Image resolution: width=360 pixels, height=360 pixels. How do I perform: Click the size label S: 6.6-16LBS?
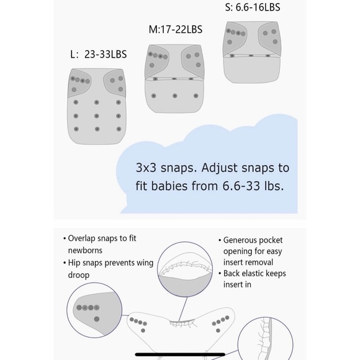pos(253,7)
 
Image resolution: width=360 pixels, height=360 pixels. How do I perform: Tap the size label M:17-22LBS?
pos(176,29)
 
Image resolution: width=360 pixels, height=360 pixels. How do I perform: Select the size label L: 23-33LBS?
pos(99,55)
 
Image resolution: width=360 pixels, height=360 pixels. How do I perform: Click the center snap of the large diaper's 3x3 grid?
pos(97,116)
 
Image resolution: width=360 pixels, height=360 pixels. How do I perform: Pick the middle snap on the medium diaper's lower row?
pos(174,96)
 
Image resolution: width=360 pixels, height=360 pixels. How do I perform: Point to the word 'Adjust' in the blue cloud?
pos(220,168)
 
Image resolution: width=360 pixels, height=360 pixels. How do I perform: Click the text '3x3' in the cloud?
pos(146,168)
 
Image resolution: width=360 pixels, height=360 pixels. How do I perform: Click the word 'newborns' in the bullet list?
pos(85,250)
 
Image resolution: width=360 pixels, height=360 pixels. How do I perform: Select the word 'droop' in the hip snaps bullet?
pos(79,275)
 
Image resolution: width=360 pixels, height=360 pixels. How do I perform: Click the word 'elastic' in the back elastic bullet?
pos(254,274)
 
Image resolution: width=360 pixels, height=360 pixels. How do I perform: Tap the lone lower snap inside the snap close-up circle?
pos(97,319)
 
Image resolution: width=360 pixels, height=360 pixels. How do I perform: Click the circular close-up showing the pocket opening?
pos(185,269)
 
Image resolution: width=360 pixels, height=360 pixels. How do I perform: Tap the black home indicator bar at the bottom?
pos(180,354)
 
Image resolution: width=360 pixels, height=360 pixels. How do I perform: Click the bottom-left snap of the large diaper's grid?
pos(76,129)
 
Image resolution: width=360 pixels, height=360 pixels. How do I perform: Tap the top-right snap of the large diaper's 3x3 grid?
pos(119,102)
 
